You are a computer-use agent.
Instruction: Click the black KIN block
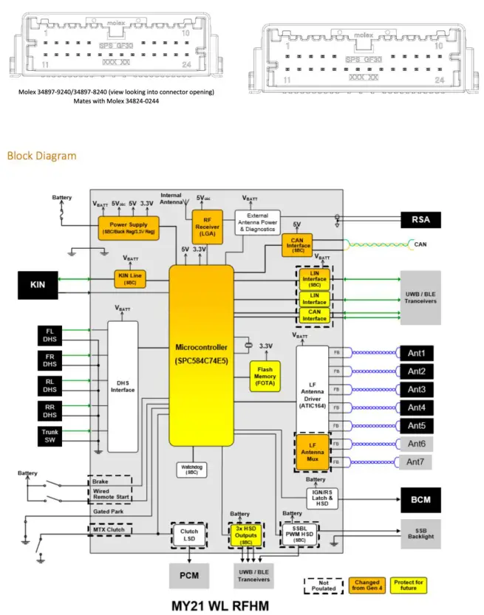[x=37, y=285]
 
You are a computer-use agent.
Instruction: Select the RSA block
[x=420, y=219]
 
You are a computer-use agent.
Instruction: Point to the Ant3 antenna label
[x=417, y=389]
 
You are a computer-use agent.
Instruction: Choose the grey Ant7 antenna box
[x=417, y=461]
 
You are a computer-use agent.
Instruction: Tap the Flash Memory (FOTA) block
[x=265, y=376]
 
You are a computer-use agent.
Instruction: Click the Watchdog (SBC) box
[x=192, y=471]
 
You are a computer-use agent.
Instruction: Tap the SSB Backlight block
[x=420, y=532]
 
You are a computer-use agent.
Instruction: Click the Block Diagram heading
[x=41, y=156]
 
